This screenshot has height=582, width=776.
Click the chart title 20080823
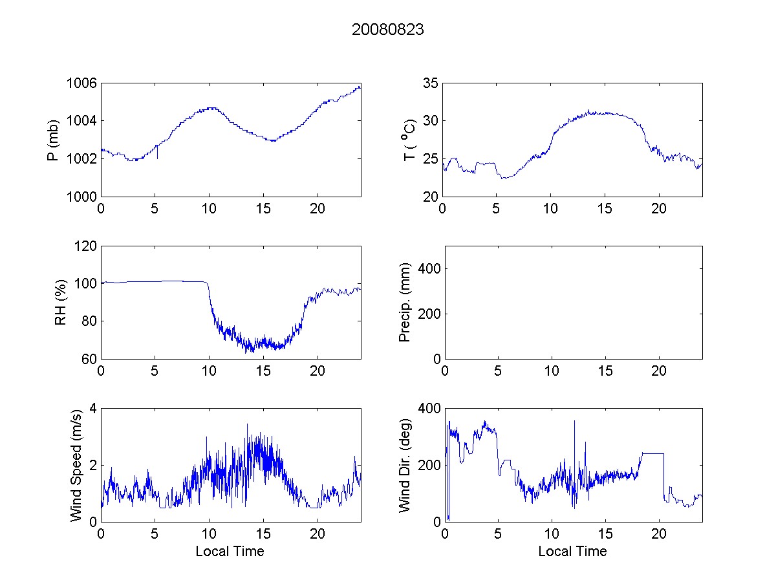tap(388, 30)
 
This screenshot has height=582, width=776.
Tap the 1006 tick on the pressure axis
tap(82, 83)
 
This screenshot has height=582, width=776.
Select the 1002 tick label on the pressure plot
tap(82, 158)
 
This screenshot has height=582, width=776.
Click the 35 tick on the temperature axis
tap(431, 83)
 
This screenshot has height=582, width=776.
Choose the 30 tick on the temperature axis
tap(431, 121)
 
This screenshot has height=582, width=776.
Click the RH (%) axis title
tap(61, 303)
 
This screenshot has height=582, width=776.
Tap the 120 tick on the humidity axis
tap(86, 246)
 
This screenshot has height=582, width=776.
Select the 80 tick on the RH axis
tap(89, 321)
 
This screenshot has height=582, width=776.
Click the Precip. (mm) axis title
tap(405, 303)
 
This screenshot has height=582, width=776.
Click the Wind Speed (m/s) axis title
tap(77, 465)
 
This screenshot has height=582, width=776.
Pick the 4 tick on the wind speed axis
tap(93, 409)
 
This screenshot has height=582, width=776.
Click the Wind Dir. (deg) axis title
tap(405, 465)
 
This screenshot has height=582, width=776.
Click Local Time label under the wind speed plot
tap(230, 552)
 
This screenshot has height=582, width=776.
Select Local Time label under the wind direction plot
tap(572, 552)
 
